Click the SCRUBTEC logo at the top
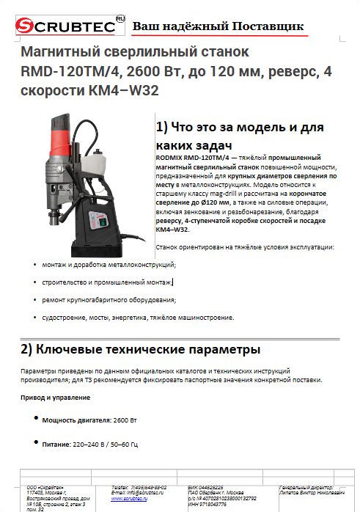pos(63,26)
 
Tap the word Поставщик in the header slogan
pos(268,27)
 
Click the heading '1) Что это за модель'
pos(229,127)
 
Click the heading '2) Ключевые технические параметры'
pos(140,348)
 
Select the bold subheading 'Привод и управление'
pos(56,398)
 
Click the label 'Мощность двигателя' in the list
pos(76,420)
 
